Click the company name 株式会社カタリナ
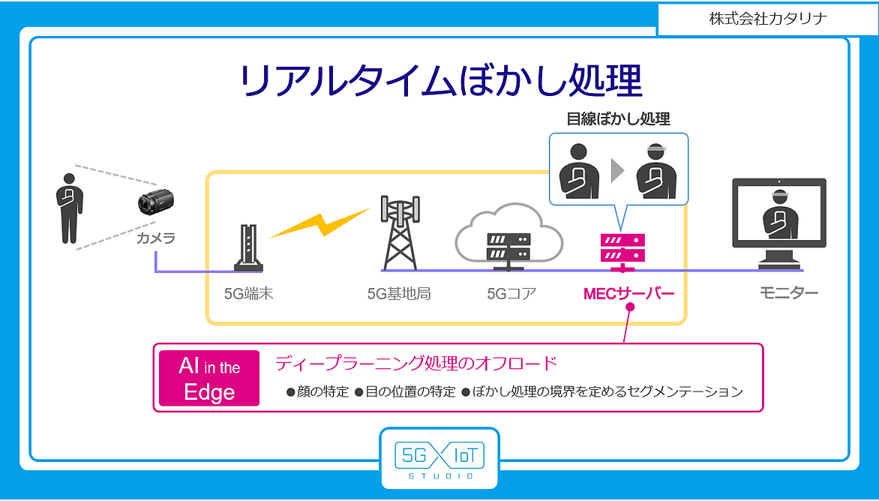[768, 19]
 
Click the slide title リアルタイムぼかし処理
[440, 81]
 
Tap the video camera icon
[156, 202]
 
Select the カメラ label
[156, 238]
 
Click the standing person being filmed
[70, 208]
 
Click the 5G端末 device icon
[248, 247]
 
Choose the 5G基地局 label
[399, 293]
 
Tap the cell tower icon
[400, 232]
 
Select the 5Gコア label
[511, 293]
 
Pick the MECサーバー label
[629, 293]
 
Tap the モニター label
[789, 292]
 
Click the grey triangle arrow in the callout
[617, 170]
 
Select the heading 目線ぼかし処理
[618, 118]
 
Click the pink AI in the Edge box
[209, 378]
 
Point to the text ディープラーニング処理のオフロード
[416, 363]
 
